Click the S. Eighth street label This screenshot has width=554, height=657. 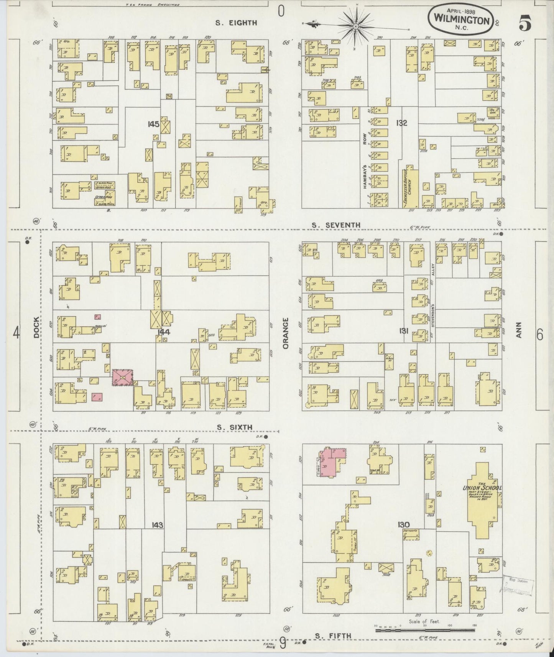(236, 23)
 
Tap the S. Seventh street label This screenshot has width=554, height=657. (336, 225)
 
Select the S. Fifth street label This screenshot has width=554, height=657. (333, 636)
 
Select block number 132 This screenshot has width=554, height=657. (402, 123)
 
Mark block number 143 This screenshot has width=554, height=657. (157, 525)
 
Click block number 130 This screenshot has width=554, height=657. (404, 525)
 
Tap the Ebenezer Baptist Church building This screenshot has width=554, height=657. (409, 187)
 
